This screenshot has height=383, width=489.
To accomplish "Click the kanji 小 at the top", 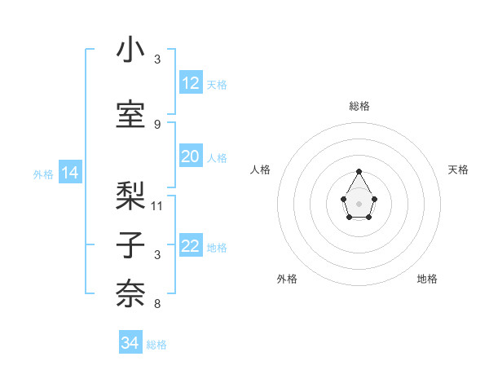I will (x=130, y=51).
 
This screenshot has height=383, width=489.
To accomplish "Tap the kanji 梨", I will (x=130, y=195).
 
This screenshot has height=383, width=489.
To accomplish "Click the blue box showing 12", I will (x=190, y=83).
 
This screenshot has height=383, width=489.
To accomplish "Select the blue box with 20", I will (x=190, y=157).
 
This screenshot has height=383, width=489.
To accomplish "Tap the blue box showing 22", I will (x=190, y=247).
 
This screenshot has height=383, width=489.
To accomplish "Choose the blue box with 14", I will (x=70, y=173).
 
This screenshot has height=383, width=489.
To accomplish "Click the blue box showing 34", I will (x=130, y=343).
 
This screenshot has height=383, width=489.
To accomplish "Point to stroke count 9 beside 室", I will (x=157, y=124).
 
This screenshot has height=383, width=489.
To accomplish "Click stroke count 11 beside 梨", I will (x=157, y=205).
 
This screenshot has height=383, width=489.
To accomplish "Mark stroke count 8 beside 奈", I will (x=157, y=304).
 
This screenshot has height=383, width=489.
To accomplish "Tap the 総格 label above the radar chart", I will (x=359, y=106).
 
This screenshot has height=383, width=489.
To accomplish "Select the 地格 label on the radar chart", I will (x=427, y=279).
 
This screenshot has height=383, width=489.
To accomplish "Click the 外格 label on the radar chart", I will (x=287, y=279).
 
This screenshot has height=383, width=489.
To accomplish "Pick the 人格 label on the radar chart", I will (x=261, y=169).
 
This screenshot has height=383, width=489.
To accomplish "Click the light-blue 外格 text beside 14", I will (x=42, y=174).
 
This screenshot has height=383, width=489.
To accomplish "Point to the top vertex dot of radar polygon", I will (x=359, y=171).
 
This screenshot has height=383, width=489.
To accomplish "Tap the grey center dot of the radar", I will (x=359, y=203).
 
